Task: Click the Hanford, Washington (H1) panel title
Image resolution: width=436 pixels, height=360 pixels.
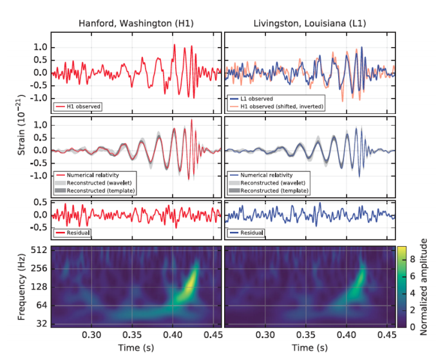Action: click(136, 23)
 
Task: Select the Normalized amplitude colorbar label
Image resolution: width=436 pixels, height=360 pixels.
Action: click(423, 287)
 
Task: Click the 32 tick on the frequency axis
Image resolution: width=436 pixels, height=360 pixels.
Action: click(41, 323)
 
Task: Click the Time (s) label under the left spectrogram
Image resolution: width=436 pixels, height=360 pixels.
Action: click(137, 348)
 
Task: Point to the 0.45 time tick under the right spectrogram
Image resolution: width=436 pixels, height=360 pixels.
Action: click(386, 336)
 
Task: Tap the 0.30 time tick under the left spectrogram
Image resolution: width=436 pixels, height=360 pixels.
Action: click(92, 336)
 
